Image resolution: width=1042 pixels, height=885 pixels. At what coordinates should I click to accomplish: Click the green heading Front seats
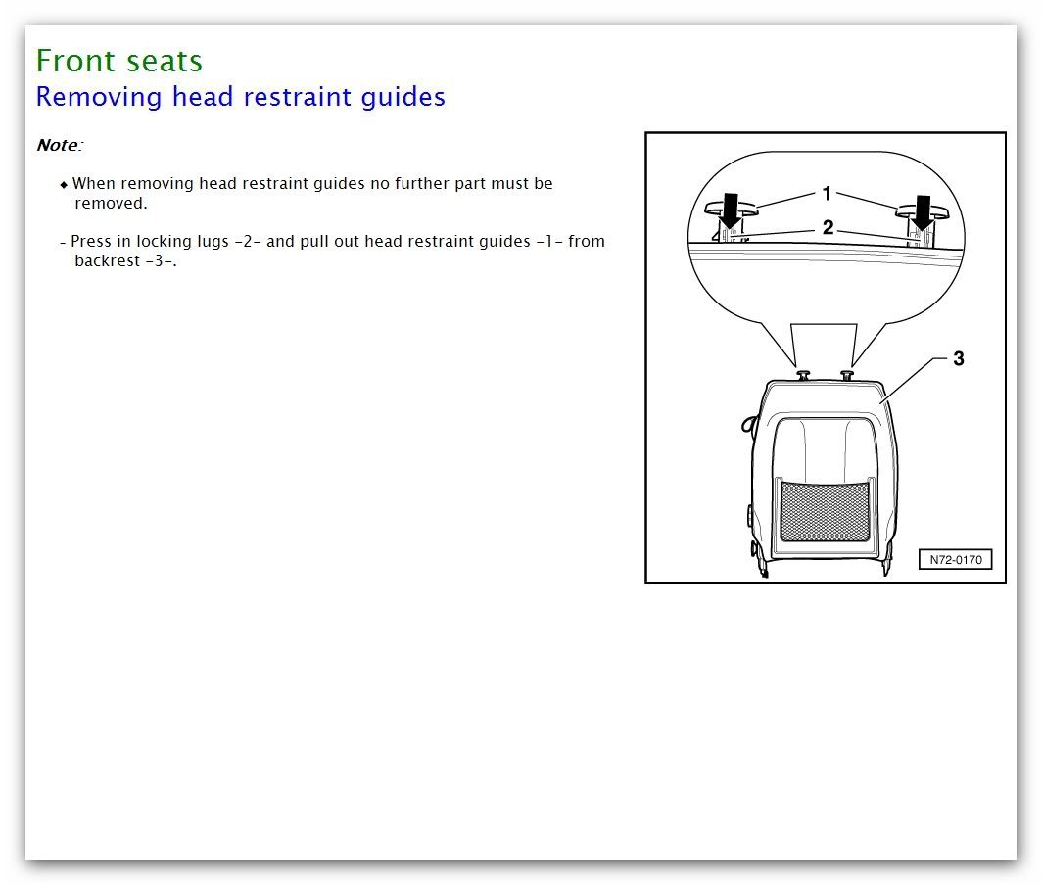pyautogui.click(x=118, y=61)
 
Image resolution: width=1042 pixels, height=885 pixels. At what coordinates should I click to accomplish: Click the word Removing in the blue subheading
pyautogui.click(x=98, y=96)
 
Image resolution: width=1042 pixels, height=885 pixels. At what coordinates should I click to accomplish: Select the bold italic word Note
pyautogui.click(x=57, y=145)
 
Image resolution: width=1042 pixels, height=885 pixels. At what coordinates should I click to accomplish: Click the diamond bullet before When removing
pyautogui.click(x=64, y=185)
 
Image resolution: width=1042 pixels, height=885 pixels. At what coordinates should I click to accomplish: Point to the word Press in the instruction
pyautogui.click(x=90, y=241)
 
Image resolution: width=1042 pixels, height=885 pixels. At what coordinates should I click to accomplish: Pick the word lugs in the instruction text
pyautogui.click(x=213, y=241)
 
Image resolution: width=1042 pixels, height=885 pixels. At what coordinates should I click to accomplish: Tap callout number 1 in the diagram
pyautogui.click(x=827, y=193)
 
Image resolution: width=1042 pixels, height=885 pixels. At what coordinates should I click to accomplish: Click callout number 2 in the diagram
pyautogui.click(x=829, y=228)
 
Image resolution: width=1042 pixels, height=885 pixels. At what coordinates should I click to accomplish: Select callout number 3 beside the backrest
pyautogui.click(x=958, y=358)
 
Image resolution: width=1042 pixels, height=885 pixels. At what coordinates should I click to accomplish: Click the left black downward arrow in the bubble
pyautogui.click(x=731, y=210)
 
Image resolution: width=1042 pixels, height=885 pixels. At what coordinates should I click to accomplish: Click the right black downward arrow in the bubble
pyautogui.click(x=923, y=211)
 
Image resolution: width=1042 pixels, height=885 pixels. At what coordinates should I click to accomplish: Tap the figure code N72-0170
pyautogui.click(x=956, y=559)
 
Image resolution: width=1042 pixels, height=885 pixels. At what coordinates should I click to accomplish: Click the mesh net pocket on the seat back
pyautogui.click(x=825, y=510)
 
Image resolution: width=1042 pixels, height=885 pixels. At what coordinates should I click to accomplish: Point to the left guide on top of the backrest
pyautogui.click(x=803, y=375)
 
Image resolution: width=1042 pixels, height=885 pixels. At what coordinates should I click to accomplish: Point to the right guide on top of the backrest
pyautogui.click(x=846, y=375)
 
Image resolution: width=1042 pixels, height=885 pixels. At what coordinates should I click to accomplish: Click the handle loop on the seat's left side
pyautogui.click(x=748, y=423)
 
